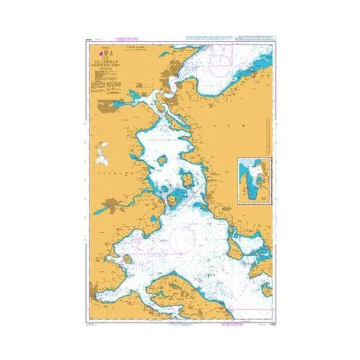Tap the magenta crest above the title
pos(101,50)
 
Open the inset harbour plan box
pos(254,180)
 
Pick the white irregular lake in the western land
pos(101,157)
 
